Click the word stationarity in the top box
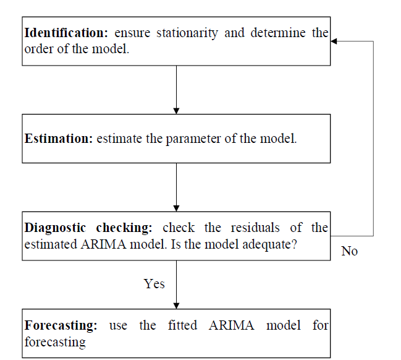187,33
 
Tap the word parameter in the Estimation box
193,139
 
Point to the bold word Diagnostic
55,228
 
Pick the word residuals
255,228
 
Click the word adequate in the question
267,244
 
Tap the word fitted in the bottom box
182,325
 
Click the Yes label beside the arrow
154,284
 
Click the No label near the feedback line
349,251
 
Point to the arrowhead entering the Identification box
334,41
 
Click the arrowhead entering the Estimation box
176,111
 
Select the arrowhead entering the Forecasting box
176,306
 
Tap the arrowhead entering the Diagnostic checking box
176,208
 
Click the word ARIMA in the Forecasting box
232,325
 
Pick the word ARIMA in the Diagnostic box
103,244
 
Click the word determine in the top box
278,33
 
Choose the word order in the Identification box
38,49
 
